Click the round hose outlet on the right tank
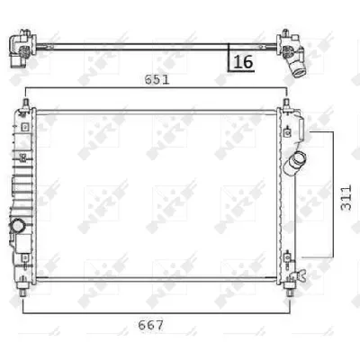(294, 164)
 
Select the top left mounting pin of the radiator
(26, 106)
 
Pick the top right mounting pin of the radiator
(286, 106)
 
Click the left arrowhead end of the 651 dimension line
(28, 89)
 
